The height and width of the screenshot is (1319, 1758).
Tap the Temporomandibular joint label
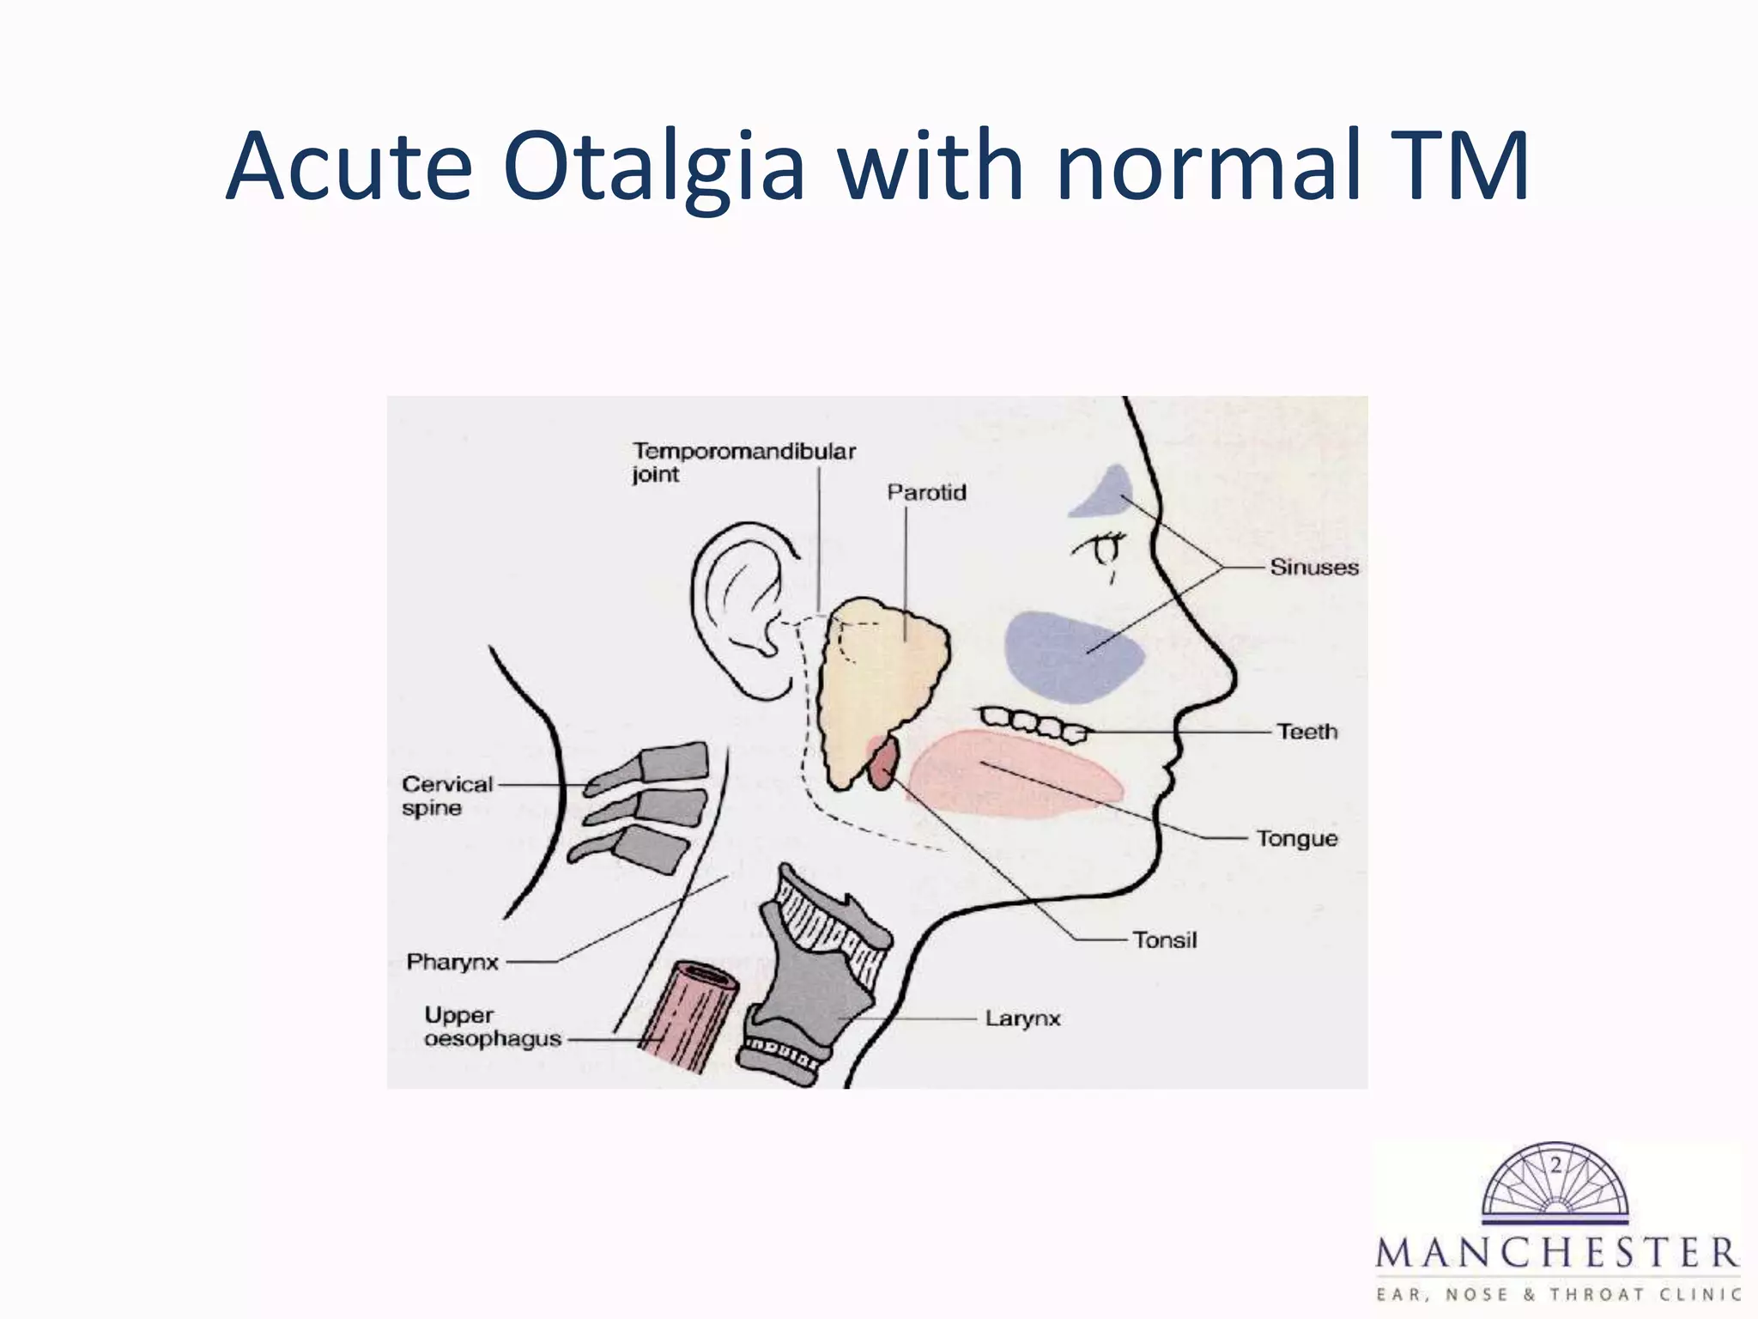click(x=743, y=463)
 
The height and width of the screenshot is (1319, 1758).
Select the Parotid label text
click(x=926, y=493)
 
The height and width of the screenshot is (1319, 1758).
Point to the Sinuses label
click(x=1313, y=568)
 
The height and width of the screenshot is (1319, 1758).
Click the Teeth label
click(x=1306, y=732)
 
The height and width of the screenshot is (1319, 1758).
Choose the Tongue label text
click(x=1296, y=838)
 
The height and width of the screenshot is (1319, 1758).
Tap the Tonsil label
click(x=1164, y=940)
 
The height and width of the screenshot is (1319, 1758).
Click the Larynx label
click(x=1022, y=1018)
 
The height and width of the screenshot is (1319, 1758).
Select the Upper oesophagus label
click(x=492, y=1027)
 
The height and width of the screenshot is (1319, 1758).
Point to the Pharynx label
click(x=452, y=962)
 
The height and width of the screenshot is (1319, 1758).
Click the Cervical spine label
click(x=446, y=796)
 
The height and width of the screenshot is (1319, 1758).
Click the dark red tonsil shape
click(x=883, y=765)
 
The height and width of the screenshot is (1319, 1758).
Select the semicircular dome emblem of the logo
click(x=1555, y=1181)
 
